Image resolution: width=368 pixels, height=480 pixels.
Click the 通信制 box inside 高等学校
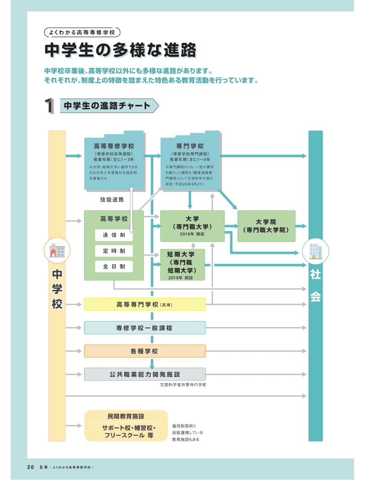[114, 235]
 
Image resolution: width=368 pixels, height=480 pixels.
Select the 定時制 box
[114, 251]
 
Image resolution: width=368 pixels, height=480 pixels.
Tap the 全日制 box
[114, 267]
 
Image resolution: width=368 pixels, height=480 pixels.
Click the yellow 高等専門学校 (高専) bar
[145, 305]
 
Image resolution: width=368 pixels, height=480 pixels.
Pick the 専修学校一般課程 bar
[145, 328]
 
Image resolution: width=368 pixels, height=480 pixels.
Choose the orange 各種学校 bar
[145, 351]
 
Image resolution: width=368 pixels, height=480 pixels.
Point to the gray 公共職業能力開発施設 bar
[145, 375]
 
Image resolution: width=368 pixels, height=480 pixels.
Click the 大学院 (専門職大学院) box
[266, 226]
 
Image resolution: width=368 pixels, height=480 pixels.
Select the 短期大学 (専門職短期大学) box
[182, 265]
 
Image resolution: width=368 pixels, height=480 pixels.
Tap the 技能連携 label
[112, 200]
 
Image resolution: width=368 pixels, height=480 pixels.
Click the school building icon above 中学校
[57, 251]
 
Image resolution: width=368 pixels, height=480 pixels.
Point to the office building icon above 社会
[315, 251]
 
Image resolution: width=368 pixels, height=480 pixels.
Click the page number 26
[30, 467]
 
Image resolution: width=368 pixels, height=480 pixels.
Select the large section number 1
[49, 106]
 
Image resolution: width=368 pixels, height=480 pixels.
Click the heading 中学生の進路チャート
[107, 106]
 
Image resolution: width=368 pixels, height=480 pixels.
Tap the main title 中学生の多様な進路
[121, 50]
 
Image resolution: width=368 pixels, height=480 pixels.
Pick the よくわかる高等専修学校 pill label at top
[82, 33]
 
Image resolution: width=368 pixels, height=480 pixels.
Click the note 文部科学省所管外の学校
[183, 385]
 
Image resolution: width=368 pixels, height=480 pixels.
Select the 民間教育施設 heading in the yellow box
[126, 417]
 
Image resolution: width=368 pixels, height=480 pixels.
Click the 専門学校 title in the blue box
[190, 146]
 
